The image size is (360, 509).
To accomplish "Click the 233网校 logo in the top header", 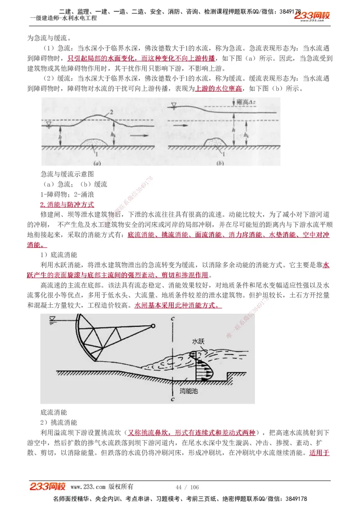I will coord(312,16).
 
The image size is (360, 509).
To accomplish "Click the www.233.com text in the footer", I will coord(88,487).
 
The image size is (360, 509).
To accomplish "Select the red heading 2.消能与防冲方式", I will coord(67,205).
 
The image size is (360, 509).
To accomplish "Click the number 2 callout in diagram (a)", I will coord(111,111).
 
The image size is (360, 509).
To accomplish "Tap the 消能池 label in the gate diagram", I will coord(189,391).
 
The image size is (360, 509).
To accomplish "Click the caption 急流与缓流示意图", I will coord(67,174).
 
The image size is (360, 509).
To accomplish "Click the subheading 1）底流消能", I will coord(58,254).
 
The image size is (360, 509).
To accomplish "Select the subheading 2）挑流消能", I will coord(58,422).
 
